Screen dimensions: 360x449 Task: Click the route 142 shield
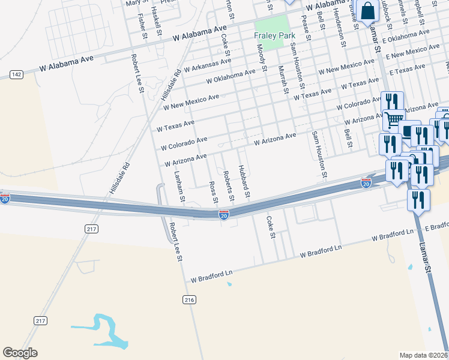16,74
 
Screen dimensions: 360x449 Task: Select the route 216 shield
190,299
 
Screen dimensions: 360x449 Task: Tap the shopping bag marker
366,11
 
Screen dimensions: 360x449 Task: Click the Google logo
20,353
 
